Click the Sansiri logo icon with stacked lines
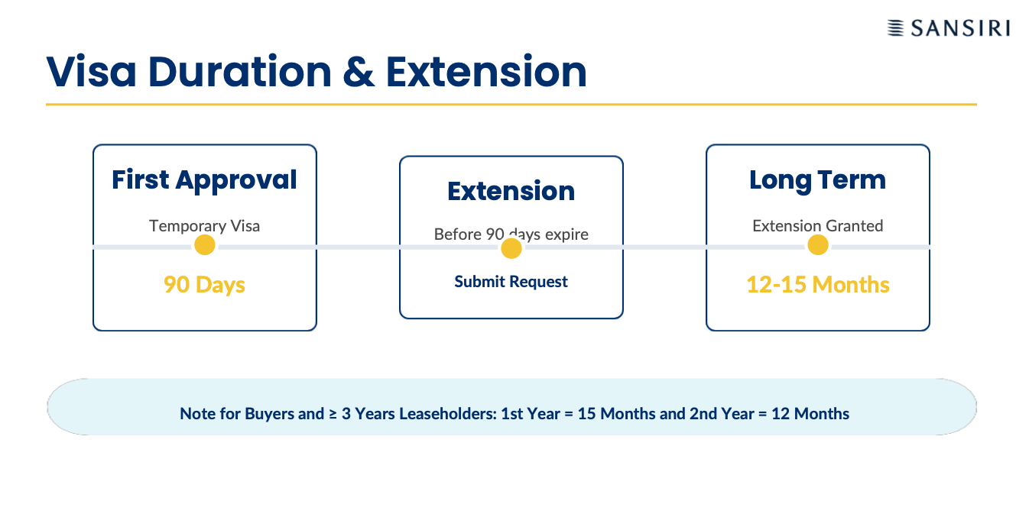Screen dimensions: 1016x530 (x=895, y=28)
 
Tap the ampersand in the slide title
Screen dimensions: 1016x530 (x=359, y=72)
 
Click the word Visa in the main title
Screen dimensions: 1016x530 (x=91, y=72)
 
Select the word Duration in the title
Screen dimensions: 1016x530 (x=240, y=72)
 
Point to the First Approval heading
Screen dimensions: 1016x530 (x=205, y=179)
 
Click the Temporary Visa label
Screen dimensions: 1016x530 (x=205, y=225)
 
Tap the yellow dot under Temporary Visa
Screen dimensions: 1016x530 (x=205, y=245)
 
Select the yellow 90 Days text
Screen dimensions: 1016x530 (x=205, y=285)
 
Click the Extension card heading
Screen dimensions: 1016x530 (x=511, y=191)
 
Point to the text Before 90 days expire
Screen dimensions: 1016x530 (x=511, y=234)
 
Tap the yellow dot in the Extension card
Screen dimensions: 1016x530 (x=511, y=248)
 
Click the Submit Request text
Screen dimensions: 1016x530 (x=511, y=281)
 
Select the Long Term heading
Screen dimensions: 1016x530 (x=818, y=179)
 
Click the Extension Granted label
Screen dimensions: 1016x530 (x=818, y=225)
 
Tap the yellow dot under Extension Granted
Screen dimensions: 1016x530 (x=818, y=245)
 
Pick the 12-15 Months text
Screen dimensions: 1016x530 (x=818, y=285)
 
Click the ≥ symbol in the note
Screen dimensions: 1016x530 (x=333, y=414)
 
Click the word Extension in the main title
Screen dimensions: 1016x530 (x=486, y=72)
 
